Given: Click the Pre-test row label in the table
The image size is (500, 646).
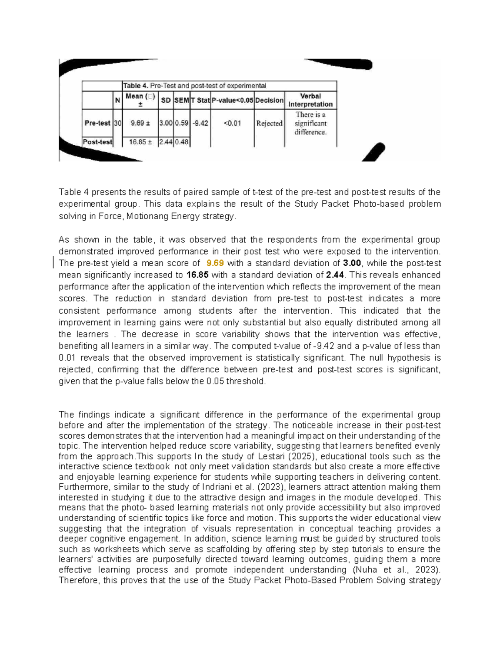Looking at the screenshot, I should (97, 123).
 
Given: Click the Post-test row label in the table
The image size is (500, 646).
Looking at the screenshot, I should (97, 142).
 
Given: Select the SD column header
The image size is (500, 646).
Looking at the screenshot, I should (166, 100).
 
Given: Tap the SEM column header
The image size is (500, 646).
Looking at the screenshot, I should (182, 100).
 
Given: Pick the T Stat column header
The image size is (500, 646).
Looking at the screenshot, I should (200, 100).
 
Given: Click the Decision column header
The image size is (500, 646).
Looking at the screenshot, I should (269, 100).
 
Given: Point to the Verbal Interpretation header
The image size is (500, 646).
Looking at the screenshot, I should (310, 100).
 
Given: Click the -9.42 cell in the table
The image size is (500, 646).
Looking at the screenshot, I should (200, 123).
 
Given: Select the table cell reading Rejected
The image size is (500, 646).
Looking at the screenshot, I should (269, 123).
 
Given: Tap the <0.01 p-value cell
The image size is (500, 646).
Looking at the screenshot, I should (232, 123).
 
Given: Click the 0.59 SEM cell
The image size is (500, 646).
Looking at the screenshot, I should (182, 123).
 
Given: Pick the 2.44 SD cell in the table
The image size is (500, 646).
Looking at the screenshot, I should (166, 142).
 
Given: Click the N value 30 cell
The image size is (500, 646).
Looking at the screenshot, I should (118, 123).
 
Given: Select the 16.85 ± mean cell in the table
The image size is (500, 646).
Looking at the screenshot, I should (140, 142).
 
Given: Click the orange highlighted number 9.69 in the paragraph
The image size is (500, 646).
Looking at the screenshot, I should (215, 263).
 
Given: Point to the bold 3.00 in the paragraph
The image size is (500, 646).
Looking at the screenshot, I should (352, 263).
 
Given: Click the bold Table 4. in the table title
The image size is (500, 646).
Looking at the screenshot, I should (135, 86).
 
